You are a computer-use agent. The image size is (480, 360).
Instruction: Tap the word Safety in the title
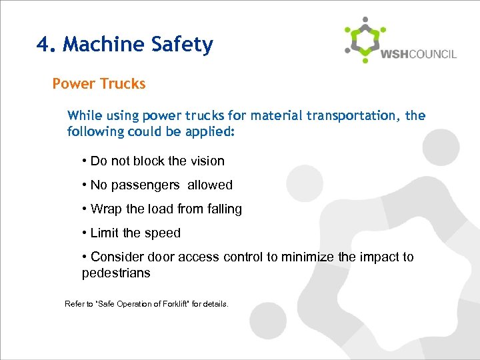pyautogui.click(x=182, y=45)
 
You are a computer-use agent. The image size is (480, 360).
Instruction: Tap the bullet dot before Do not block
pyautogui.click(x=85, y=161)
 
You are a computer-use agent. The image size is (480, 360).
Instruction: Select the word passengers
pyautogui.click(x=144, y=185)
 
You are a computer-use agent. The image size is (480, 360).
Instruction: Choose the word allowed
pyautogui.click(x=210, y=185)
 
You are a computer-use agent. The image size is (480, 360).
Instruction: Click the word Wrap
pyautogui.click(x=105, y=209)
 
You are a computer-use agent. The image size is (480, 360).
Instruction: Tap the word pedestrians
pyautogui.click(x=116, y=273)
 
